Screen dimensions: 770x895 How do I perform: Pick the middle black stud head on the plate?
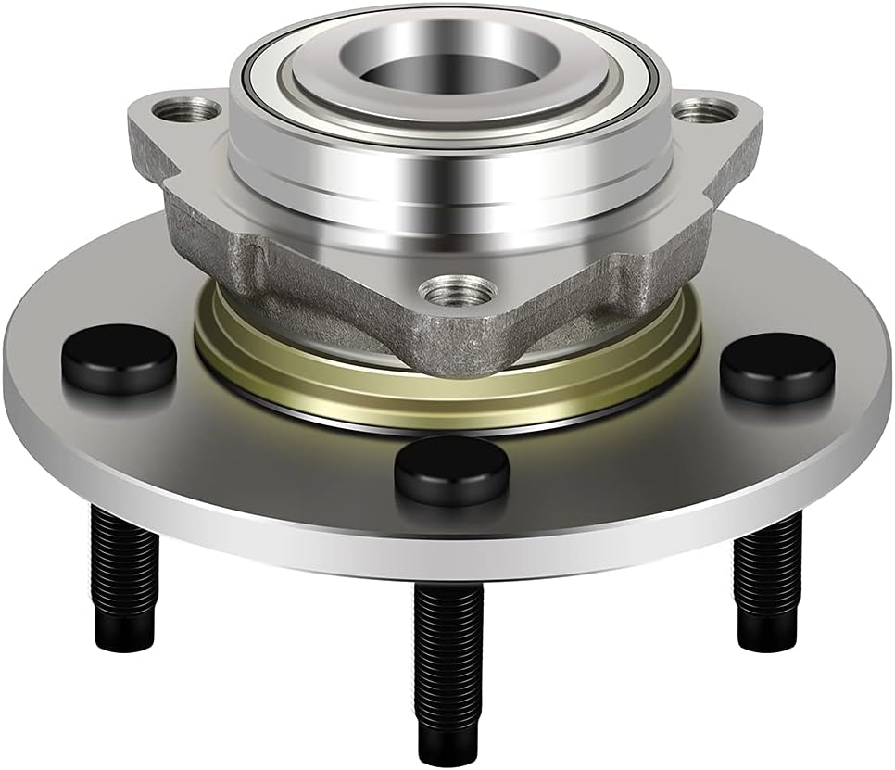click(451, 469)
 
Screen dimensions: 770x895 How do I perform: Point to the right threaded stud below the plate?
click(765, 574)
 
